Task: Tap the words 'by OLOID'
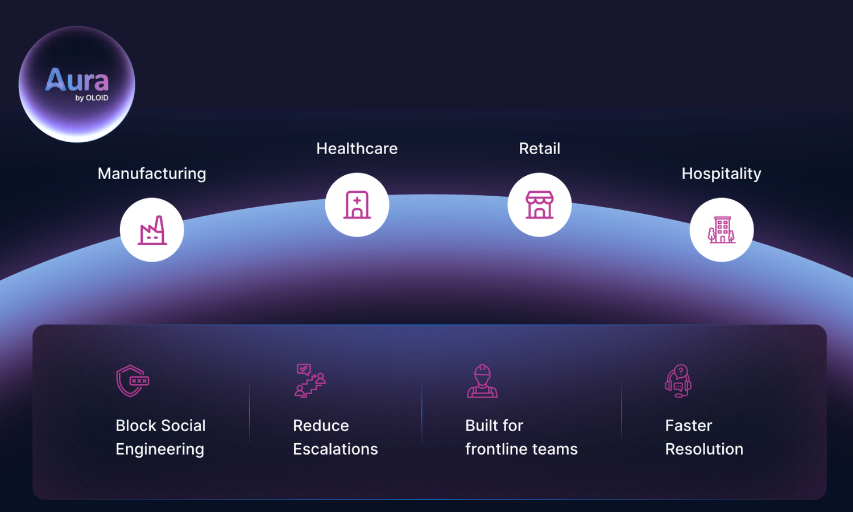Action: tap(92, 98)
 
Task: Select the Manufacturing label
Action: tap(152, 174)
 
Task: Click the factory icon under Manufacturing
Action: tap(152, 230)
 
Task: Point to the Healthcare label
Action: tap(357, 148)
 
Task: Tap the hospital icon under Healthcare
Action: tap(357, 205)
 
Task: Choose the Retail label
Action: tap(540, 148)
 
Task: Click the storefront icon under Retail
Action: tap(540, 205)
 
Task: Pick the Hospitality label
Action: tap(721, 174)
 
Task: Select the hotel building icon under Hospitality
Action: tap(721, 230)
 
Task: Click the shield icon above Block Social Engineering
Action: tap(132, 381)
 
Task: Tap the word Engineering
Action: tap(160, 449)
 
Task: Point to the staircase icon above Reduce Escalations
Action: tap(310, 381)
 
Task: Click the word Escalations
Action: tap(335, 449)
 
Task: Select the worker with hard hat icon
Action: tap(482, 381)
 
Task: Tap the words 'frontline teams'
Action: tap(521, 449)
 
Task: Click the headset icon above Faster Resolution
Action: tap(678, 381)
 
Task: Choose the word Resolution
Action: tap(704, 449)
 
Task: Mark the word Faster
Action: tap(689, 426)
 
